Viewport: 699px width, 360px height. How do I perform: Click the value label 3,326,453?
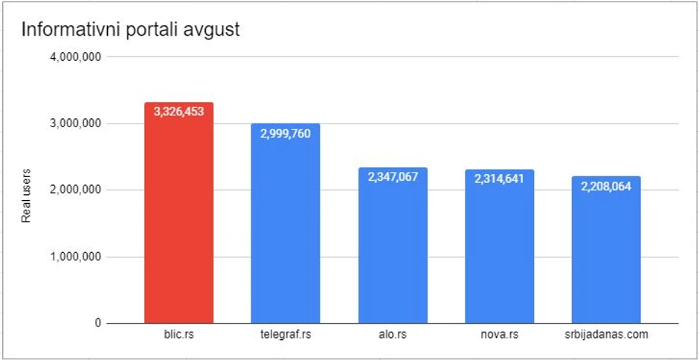[x=178, y=112]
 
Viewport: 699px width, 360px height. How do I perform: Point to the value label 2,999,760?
[x=286, y=133]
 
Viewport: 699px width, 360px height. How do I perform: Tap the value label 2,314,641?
[x=499, y=179]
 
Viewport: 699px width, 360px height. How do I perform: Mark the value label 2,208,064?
[x=606, y=186]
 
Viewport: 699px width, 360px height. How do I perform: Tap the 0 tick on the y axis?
[x=97, y=324]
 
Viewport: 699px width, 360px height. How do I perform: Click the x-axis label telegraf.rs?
[x=286, y=335]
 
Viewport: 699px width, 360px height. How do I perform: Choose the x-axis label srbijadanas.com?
[x=606, y=335]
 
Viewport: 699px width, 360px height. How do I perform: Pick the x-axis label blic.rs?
[x=178, y=335]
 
